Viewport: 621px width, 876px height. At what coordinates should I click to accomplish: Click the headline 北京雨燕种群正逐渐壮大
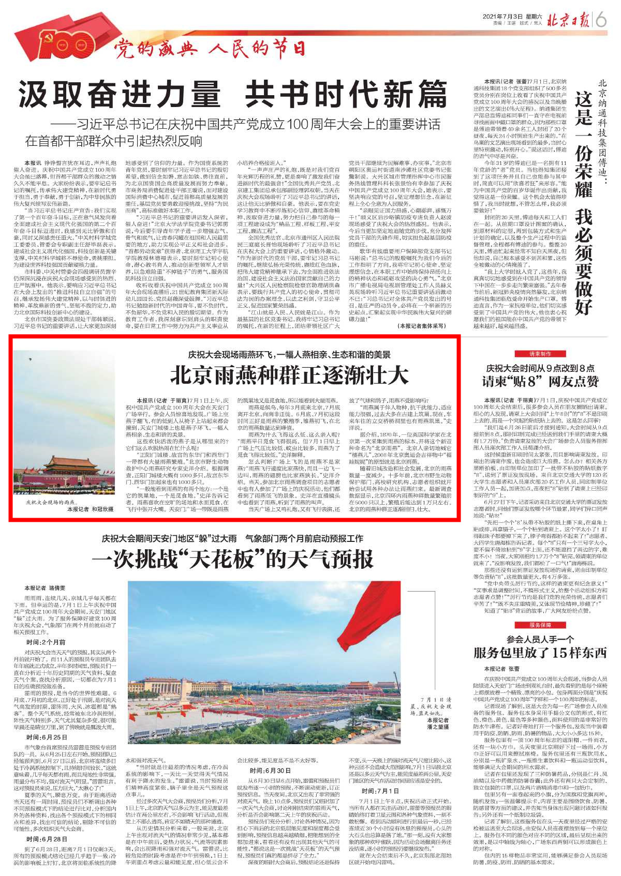coord(289,375)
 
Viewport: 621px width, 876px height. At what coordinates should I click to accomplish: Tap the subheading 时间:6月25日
coord(47,737)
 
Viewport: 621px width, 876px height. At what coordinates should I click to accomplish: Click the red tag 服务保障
coord(540,625)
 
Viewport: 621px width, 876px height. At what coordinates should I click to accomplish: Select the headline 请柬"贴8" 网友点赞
coord(540,382)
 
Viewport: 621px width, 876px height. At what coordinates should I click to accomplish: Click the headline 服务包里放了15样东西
coord(540,653)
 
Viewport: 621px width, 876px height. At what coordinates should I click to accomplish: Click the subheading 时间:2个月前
coord(46,642)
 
